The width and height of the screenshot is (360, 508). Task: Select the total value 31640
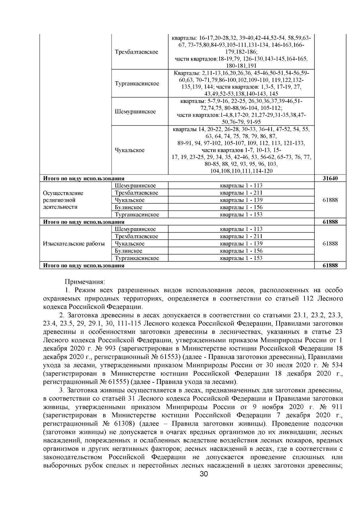[330, 178]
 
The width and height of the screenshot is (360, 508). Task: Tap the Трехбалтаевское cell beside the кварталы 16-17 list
[136, 52]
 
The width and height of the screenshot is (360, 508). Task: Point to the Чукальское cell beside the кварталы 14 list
[130, 150]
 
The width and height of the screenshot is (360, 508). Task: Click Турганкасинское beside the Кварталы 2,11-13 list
[137, 83]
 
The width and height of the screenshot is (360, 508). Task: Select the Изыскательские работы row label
[74, 244]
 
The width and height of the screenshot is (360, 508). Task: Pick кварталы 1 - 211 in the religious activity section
[241, 193]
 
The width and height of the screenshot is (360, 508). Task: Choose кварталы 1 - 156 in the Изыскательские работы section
[241, 251]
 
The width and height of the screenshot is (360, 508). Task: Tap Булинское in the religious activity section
[128, 207]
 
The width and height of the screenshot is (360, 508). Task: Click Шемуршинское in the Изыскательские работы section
[135, 229]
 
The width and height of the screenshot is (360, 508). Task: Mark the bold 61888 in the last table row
[330, 265]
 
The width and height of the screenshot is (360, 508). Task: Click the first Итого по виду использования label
[84, 178]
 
